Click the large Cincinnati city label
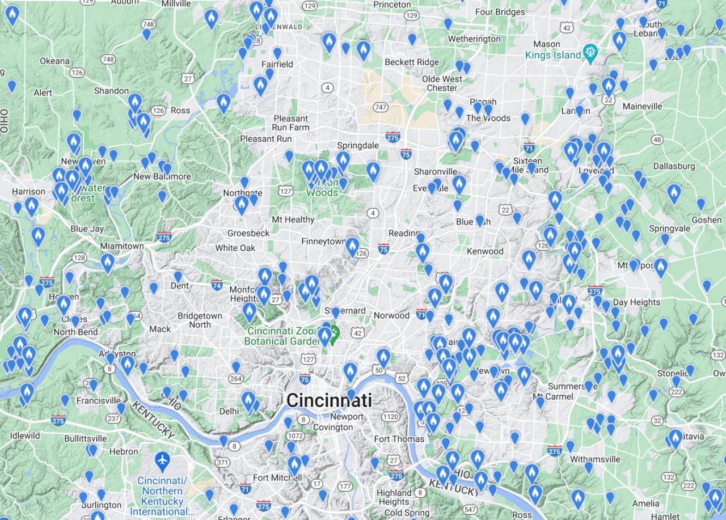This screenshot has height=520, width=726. (x=329, y=400)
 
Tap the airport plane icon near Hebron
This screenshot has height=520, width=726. (x=162, y=459)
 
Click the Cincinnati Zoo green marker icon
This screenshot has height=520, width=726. (x=335, y=332)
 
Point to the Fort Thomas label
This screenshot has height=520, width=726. (x=399, y=439)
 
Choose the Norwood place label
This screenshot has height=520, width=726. (x=391, y=315)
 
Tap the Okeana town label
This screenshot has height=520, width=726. (x=55, y=61)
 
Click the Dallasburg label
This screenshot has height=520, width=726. (x=674, y=166)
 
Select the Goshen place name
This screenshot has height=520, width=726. (x=706, y=220)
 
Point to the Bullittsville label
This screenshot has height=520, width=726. (x=86, y=438)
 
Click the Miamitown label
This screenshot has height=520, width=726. (x=122, y=246)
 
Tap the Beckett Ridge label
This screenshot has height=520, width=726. (x=411, y=62)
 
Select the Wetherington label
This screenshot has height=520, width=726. (x=474, y=39)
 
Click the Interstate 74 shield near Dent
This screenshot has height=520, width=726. (x=216, y=284)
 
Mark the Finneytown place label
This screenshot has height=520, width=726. (x=323, y=242)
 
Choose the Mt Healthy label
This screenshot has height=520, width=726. (x=293, y=219)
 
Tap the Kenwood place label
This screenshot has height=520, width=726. (x=485, y=251)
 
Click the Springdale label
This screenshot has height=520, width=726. (x=357, y=145)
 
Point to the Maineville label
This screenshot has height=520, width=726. (x=642, y=106)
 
